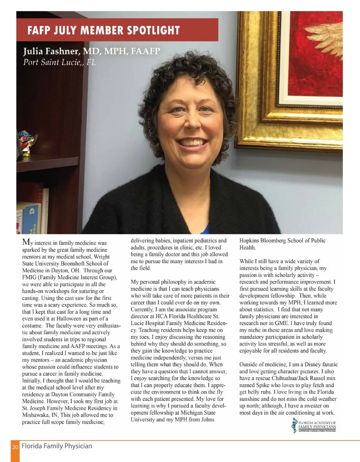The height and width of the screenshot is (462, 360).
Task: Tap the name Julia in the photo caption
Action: (x=33, y=51)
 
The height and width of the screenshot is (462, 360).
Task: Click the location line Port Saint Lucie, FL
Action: (x=59, y=62)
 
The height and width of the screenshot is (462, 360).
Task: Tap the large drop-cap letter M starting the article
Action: (x=26, y=242)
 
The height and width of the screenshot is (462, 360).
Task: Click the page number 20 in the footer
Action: (x=15, y=447)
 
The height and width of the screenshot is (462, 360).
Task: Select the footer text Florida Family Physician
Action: (x=57, y=446)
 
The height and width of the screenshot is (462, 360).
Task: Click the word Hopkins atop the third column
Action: (x=249, y=241)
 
